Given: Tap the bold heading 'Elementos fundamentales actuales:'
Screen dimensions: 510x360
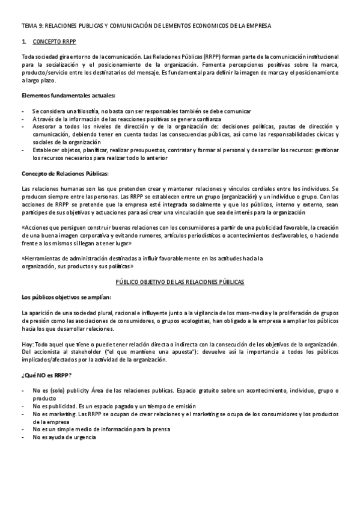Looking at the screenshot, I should tap(69, 96).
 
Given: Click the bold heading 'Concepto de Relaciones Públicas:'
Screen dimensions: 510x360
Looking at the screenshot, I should tap(65, 174).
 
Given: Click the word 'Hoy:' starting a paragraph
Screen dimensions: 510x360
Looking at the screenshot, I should tap(28, 345).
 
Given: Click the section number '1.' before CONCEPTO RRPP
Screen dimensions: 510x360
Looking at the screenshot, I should tap(23, 43).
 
